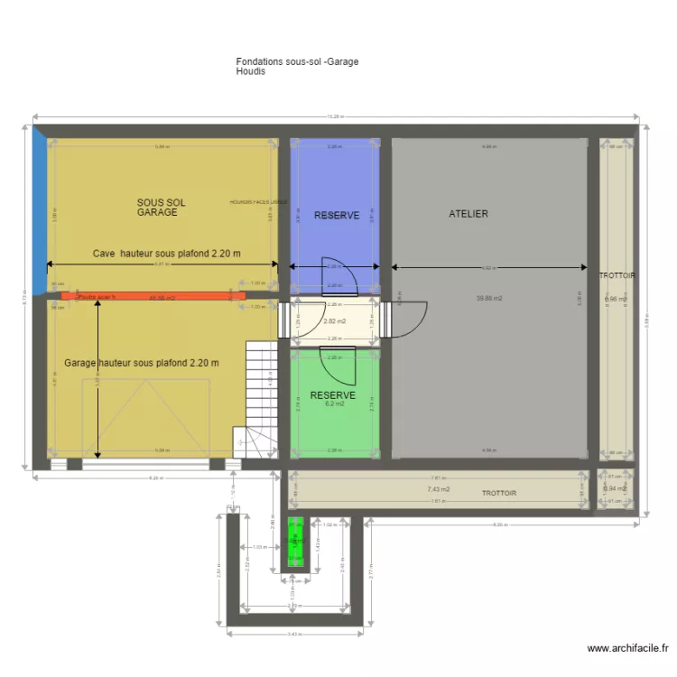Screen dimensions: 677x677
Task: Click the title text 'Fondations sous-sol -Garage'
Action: (297, 61)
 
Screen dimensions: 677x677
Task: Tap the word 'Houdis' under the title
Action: (251, 71)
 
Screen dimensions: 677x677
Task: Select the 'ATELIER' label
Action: (468, 214)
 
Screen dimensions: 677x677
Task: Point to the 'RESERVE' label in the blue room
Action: (337, 216)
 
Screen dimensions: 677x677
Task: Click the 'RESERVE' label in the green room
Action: (332, 395)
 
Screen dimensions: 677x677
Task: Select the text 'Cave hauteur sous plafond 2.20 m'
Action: (167, 254)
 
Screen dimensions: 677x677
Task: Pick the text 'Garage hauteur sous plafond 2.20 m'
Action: (142, 363)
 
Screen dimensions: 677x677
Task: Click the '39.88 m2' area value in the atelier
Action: (489, 299)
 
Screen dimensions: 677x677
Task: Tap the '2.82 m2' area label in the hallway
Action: (335, 320)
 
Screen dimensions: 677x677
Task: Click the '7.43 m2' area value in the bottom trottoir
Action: (438, 489)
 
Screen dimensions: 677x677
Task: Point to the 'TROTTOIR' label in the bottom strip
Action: (498, 494)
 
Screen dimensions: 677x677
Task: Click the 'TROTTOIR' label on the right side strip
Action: (617, 275)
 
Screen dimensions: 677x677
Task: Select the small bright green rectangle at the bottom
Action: (295, 543)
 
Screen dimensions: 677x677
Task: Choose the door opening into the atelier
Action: (410, 316)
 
